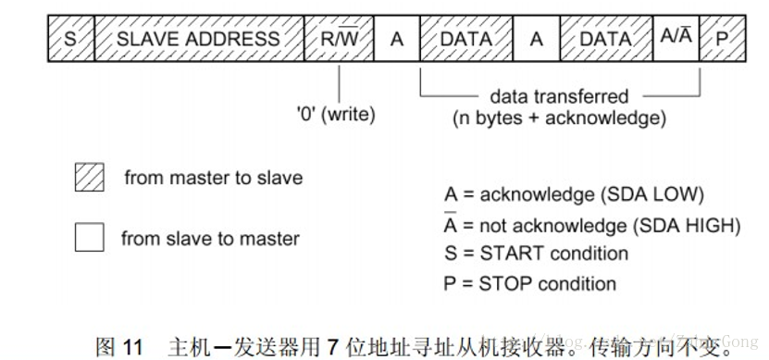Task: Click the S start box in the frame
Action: point(70,39)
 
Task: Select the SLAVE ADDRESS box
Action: point(198,39)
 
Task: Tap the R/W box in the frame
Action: point(339,39)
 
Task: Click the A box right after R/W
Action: point(397,39)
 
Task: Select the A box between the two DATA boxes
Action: point(537,39)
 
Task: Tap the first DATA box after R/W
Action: point(466,39)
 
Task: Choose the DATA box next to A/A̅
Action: point(606,39)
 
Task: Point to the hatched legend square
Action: point(89,178)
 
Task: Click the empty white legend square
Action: point(89,238)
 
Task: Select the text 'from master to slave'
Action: point(213,177)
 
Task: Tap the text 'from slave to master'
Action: point(210,238)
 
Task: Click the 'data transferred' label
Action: point(559,96)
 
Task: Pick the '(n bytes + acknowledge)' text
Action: point(559,118)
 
